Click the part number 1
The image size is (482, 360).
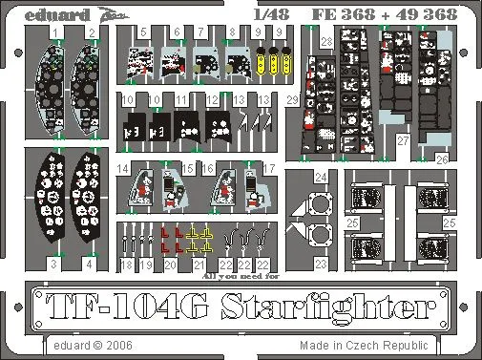pyautogui.click(x=56, y=32)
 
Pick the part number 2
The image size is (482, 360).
pyautogui.click(x=91, y=32)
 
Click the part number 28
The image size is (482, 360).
pyautogui.click(x=326, y=41)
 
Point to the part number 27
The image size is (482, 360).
pyautogui.click(x=404, y=139)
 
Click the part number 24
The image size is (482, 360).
pyautogui.click(x=321, y=177)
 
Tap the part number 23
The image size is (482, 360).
pyautogui.click(x=321, y=262)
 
